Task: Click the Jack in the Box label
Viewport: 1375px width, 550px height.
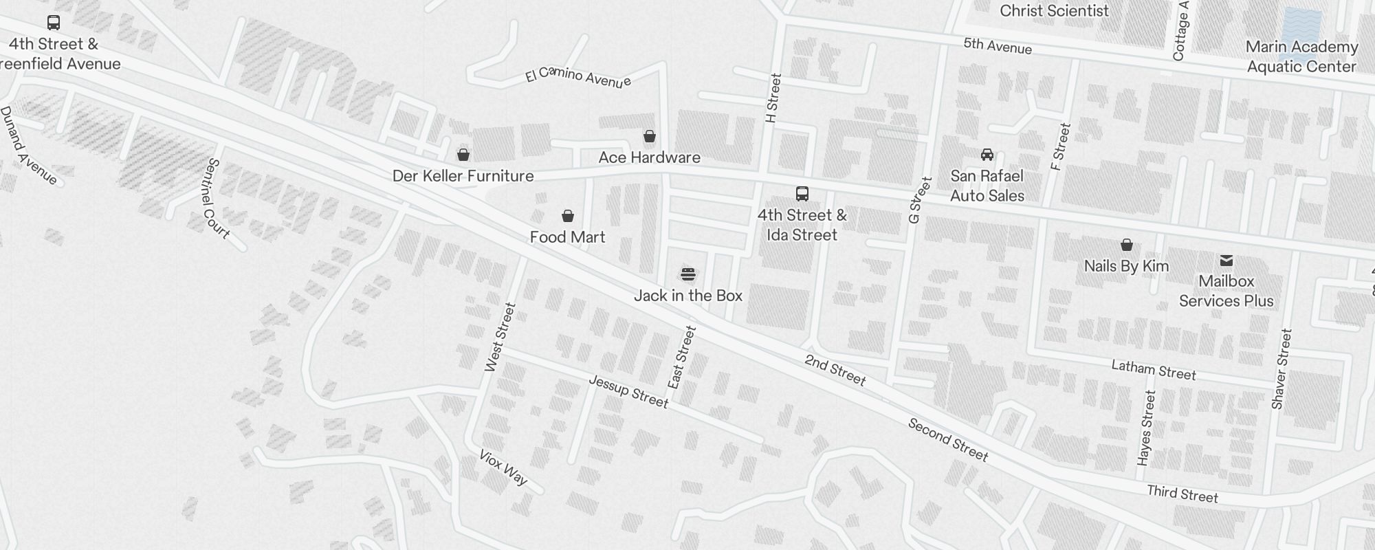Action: pyautogui.click(x=687, y=296)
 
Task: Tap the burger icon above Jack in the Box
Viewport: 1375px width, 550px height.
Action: pyautogui.click(x=688, y=275)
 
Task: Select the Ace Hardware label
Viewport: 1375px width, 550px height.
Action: pyautogui.click(x=649, y=157)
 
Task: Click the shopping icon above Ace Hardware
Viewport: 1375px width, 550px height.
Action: pyautogui.click(x=649, y=136)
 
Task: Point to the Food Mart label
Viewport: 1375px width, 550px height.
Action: pyautogui.click(x=567, y=237)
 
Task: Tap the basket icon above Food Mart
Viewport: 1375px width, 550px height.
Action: pyautogui.click(x=568, y=217)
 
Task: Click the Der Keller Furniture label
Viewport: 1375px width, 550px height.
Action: pyautogui.click(x=463, y=176)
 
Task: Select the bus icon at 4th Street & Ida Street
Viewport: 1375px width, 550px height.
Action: pyautogui.click(x=802, y=194)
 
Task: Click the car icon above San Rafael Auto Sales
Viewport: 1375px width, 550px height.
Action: pyautogui.click(x=987, y=155)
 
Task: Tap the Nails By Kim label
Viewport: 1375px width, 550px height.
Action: pyautogui.click(x=1126, y=266)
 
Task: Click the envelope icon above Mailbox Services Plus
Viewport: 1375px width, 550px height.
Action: pyautogui.click(x=1226, y=261)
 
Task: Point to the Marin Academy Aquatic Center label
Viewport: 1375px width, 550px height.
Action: pyautogui.click(x=1301, y=56)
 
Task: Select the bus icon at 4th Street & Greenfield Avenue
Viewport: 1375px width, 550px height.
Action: pyautogui.click(x=54, y=23)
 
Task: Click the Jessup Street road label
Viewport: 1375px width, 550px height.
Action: pyautogui.click(x=628, y=391)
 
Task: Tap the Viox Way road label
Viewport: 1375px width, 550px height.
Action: pyautogui.click(x=503, y=467)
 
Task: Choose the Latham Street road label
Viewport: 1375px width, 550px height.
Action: pyautogui.click(x=1154, y=370)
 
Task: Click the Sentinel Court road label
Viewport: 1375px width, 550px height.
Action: pyautogui.click(x=217, y=199)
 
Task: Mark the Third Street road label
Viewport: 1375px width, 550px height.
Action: pyautogui.click(x=1182, y=493)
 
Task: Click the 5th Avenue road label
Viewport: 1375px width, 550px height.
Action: pyautogui.click(x=997, y=46)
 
